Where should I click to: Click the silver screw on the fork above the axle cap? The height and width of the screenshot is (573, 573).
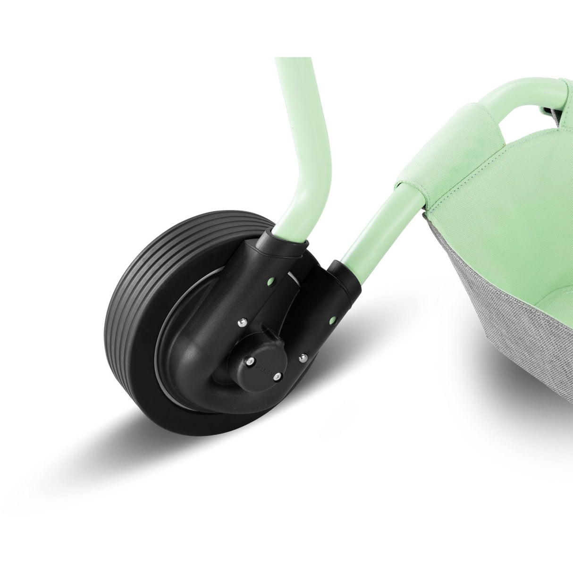pyautogui.click(x=242, y=322)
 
